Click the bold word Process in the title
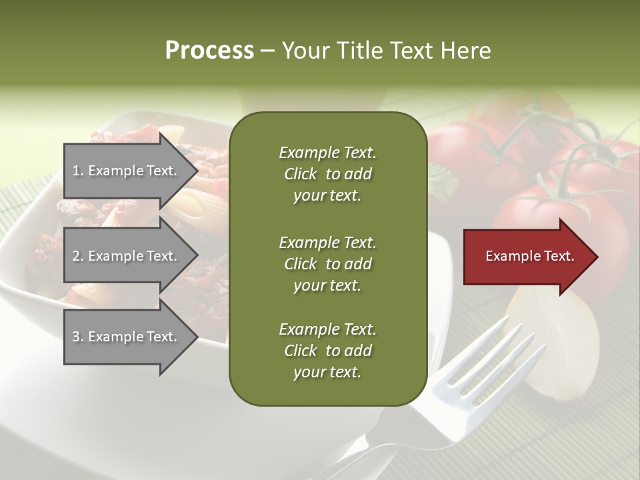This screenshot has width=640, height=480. pos(209,51)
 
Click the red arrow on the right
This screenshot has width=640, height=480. pos(527,256)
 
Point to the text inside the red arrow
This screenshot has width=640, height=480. pos(529,256)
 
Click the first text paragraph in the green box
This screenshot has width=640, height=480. pos(327,174)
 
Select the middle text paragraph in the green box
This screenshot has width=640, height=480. pos(327,263)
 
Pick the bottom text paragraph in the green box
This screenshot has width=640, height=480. pos(327,351)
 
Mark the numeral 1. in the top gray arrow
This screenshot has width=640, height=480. pos(78,171)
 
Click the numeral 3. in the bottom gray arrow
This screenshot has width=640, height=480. pos(78,337)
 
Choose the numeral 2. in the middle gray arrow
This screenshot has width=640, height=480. pos(78,256)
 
